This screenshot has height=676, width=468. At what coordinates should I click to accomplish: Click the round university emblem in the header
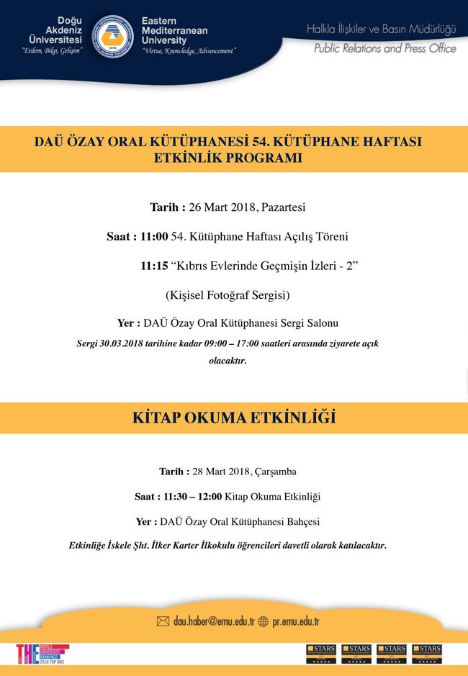114,35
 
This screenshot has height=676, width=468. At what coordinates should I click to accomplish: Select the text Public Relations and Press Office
384,48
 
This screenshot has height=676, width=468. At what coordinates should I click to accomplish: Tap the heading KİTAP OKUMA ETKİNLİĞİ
234,418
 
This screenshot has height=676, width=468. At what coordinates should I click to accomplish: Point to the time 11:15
154,266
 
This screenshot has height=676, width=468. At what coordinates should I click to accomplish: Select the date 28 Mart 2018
220,472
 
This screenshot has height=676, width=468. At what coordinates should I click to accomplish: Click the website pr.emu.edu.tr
296,621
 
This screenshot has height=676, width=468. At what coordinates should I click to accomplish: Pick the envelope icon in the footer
163,621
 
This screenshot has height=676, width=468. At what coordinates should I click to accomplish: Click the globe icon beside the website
263,621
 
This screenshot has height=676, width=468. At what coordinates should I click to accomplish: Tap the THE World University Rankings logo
42,654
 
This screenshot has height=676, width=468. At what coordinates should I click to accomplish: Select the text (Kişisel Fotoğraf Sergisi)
228,295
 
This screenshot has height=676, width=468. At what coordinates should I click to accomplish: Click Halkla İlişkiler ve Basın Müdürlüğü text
382,30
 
